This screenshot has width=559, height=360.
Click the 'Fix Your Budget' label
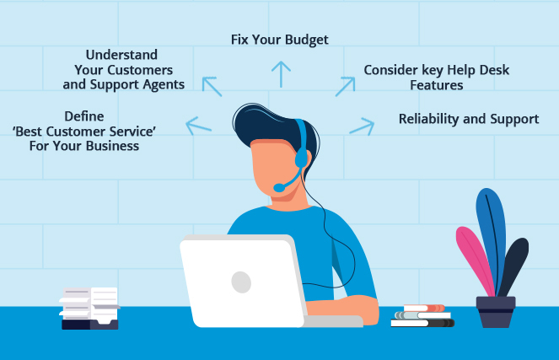click(x=279, y=40)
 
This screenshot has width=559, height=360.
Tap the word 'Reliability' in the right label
click(x=430, y=119)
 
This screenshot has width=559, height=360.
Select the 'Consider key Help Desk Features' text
click(x=436, y=77)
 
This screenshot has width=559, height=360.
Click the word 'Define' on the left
click(x=84, y=116)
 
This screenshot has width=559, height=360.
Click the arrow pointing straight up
click(x=281, y=73)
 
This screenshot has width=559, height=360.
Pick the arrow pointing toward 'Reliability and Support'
click(x=362, y=126)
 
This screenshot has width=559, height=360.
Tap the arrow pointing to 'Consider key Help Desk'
click(x=344, y=86)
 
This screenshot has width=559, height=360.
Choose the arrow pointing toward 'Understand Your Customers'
click(x=212, y=86)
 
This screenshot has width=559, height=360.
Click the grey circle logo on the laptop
click(x=241, y=282)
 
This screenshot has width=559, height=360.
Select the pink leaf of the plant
click(x=475, y=261)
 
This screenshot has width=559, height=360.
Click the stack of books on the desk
click(x=422, y=316)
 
